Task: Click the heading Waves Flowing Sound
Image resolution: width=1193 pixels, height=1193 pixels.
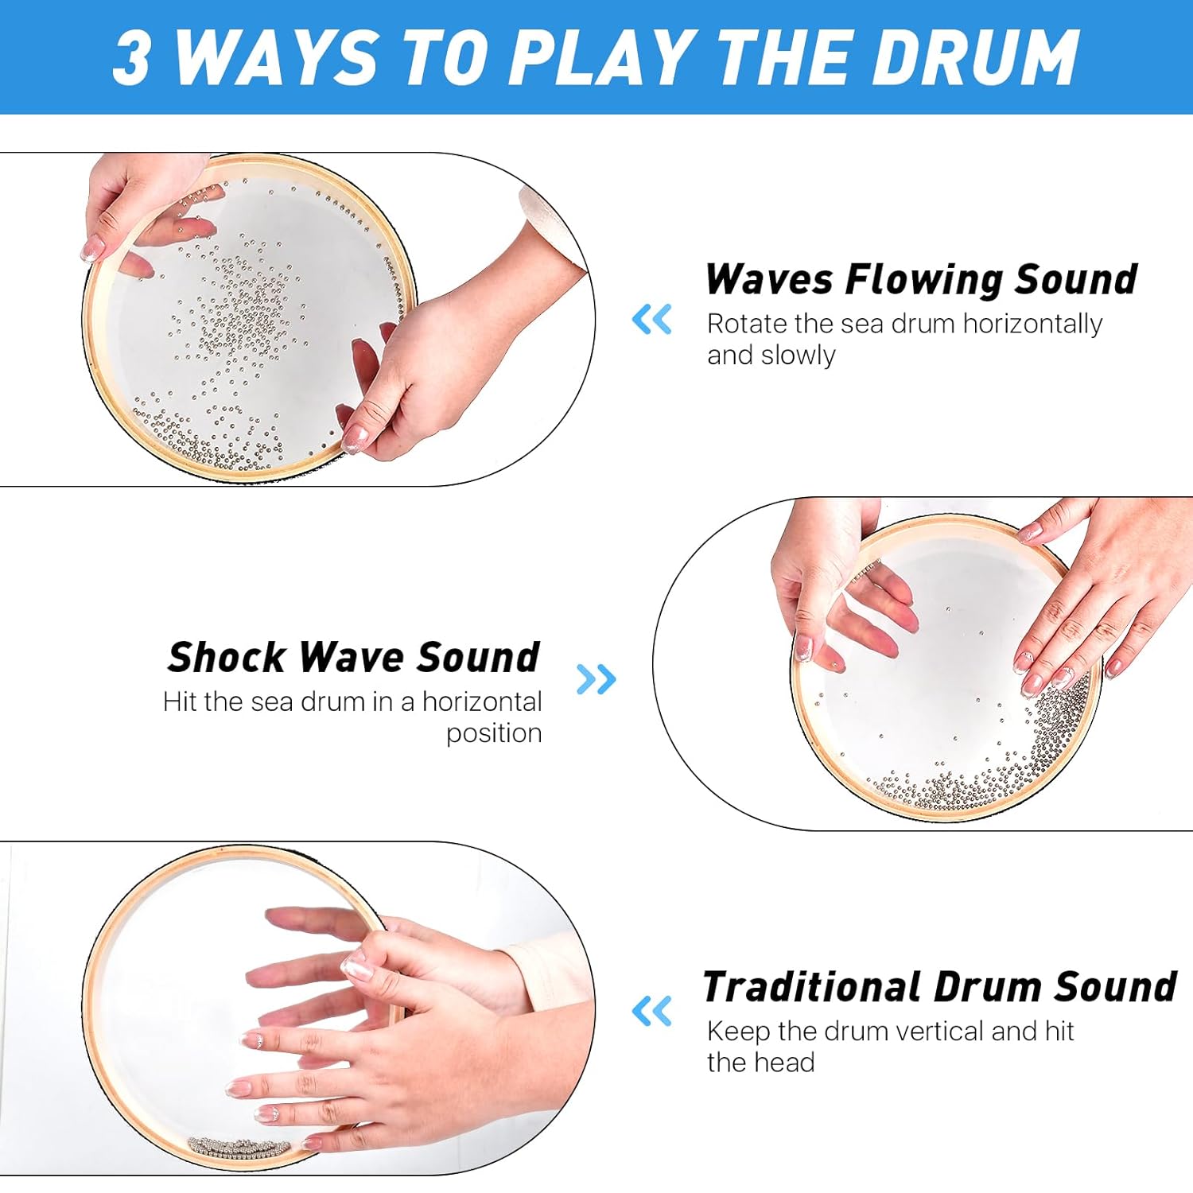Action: (921, 280)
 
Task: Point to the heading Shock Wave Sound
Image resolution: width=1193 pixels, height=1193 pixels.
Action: (353, 658)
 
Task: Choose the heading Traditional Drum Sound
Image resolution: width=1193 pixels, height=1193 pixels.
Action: (939, 987)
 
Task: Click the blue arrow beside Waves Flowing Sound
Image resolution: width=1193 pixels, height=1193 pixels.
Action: (651, 320)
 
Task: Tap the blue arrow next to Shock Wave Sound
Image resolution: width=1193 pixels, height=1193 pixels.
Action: (596, 679)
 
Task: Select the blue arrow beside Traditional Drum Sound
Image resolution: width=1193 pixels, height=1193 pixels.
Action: (651, 1011)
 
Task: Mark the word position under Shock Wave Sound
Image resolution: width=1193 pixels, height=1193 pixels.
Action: (493, 733)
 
